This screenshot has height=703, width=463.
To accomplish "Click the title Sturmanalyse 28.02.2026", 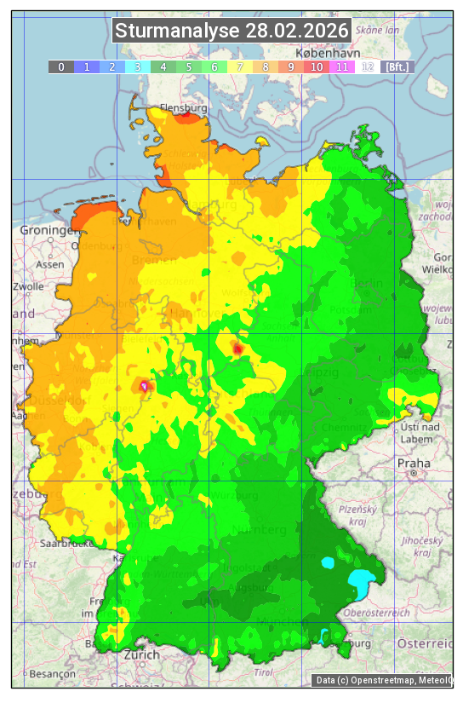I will (231, 32).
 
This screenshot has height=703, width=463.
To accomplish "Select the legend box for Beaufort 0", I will (60, 66).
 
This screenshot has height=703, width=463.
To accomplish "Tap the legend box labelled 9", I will (290, 66).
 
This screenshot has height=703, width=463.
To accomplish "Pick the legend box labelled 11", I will (341, 66).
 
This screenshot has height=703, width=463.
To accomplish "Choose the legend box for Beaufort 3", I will (137, 66).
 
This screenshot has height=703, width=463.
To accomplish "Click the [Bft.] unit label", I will (397, 66).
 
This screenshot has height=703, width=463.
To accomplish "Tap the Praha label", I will (413, 463).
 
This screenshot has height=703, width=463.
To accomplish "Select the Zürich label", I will (141, 654).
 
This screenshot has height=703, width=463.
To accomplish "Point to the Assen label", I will (50, 265).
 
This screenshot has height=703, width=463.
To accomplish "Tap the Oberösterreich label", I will (377, 612).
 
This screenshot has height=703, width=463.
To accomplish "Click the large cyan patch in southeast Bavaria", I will (361, 583).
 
